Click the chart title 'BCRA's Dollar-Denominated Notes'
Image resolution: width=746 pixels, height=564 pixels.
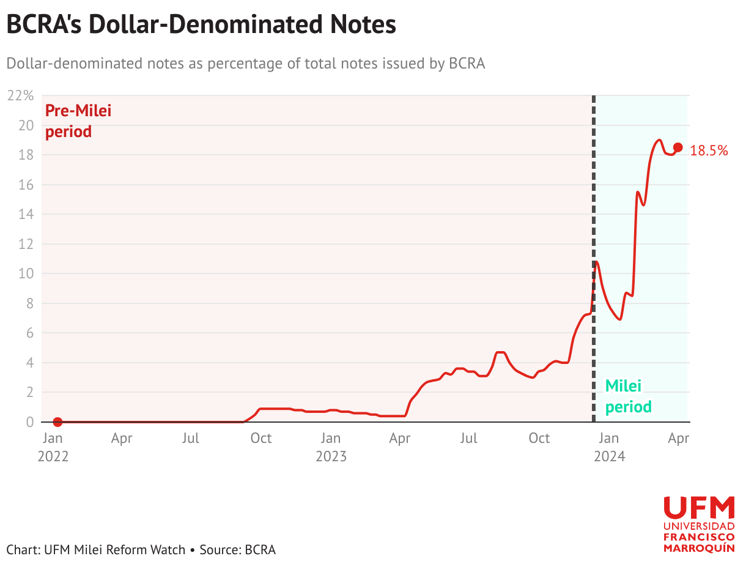coord(201,24)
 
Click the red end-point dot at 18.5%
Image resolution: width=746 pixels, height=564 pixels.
coord(678,147)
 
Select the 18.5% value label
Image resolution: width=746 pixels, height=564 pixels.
coord(709,150)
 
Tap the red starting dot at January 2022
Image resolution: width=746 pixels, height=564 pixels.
coord(57,422)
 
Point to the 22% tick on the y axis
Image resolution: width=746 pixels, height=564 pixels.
coord(20,96)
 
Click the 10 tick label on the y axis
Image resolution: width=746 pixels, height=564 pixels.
coord(26,273)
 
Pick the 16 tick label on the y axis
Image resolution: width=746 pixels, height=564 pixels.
coord(26,185)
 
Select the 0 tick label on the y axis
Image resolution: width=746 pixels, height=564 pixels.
coord(30,422)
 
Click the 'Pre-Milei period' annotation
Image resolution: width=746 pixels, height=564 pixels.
coord(78,121)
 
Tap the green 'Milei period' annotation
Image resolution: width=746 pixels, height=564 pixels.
coord(629,396)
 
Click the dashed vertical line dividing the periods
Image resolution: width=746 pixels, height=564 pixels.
coord(594,259)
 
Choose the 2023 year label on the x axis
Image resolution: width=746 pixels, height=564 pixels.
coord(331,456)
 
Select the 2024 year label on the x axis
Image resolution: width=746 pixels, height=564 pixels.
coord(610,456)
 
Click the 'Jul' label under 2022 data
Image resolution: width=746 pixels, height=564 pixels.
coord(190,438)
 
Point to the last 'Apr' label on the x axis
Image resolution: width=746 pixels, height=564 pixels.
coord(678,439)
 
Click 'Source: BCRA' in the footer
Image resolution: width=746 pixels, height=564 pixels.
coord(238,550)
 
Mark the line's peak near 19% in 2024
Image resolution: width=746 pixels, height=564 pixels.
coord(659,140)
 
